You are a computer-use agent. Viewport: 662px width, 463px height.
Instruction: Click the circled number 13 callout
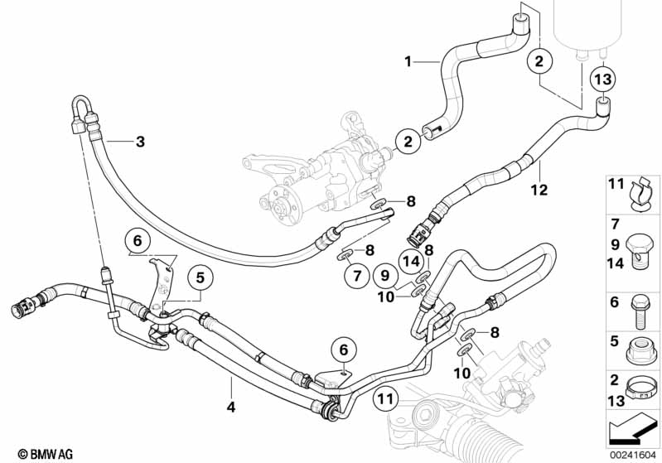click(x=603, y=81)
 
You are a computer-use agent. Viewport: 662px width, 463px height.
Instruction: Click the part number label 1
click(x=408, y=61)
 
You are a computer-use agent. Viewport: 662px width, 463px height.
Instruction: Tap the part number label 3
click(x=140, y=142)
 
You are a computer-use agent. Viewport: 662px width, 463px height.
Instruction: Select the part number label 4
click(x=231, y=407)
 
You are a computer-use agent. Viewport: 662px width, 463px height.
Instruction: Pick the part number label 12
click(x=539, y=190)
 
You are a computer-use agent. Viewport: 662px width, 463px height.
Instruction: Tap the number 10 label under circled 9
click(x=387, y=297)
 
